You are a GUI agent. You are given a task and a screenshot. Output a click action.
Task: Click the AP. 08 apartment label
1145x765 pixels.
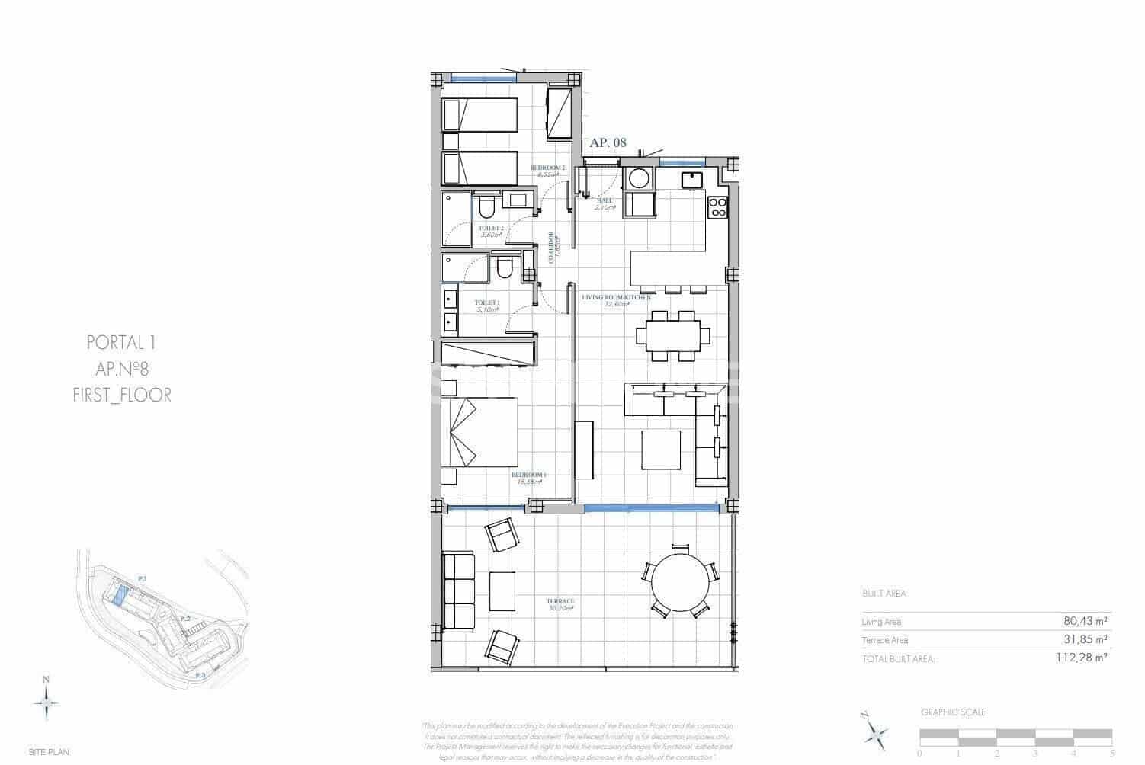coord(608,142)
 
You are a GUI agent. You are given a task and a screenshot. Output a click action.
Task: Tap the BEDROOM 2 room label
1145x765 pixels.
coord(547,168)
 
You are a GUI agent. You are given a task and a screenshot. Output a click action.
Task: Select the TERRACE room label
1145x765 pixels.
coord(560,602)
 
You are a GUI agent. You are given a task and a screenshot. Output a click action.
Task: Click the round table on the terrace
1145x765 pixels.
coord(682,581)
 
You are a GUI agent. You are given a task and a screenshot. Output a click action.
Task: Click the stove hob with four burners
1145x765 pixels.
coord(718,208)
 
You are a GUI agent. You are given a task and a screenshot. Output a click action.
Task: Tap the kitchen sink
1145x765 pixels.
coord(692,180)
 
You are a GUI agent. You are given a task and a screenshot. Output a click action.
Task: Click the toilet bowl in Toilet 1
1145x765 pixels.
coord(504,269)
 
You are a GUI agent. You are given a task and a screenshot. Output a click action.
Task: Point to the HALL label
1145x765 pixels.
coord(605,201)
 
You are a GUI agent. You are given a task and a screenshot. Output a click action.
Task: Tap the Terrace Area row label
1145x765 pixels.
coord(885,640)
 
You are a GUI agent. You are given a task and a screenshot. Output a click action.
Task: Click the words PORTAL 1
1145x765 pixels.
coord(122,343)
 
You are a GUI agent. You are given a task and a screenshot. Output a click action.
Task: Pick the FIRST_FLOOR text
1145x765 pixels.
coord(122,395)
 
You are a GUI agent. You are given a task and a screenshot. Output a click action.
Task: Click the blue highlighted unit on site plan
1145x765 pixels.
coord(119,594)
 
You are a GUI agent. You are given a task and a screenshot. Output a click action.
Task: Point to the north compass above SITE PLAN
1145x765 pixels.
coord(47,698)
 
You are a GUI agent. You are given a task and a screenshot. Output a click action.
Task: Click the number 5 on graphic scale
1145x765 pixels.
coord(1112,753)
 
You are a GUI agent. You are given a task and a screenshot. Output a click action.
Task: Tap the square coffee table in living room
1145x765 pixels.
coord(661,450)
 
